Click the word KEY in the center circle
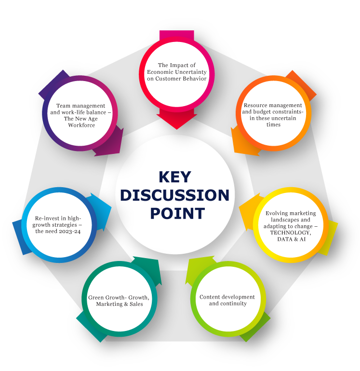[174, 177]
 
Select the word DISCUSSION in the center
[174, 195]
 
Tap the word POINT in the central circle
[177, 213]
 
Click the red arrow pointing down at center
[177, 119]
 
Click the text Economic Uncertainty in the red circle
[177, 72]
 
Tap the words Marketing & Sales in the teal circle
[119, 304]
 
